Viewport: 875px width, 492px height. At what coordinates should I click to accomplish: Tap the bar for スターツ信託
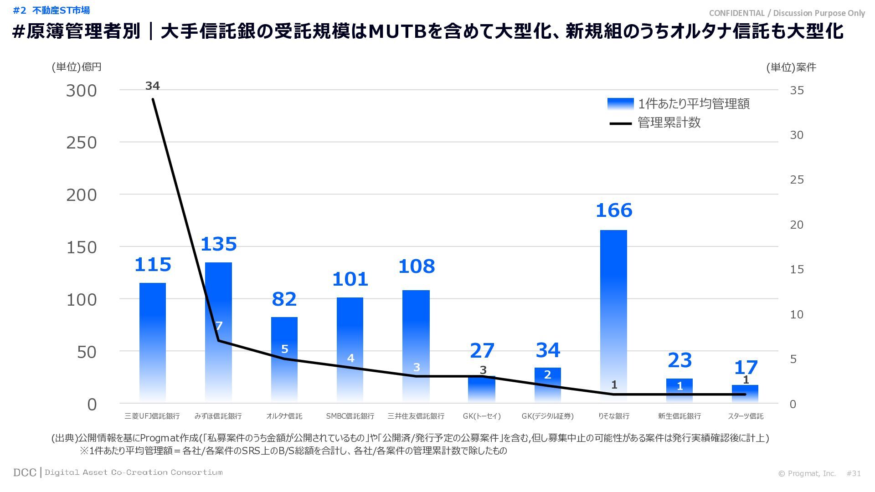pos(745,394)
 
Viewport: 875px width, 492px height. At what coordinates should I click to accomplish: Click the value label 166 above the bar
pos(614,210)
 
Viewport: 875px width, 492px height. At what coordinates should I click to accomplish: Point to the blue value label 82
pos(284,299)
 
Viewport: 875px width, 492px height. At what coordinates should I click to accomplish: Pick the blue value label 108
pos(416,266)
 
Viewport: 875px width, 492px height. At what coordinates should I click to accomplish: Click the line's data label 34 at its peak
pos(153,86)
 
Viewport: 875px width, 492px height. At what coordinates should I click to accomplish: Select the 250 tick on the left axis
pos(82,143)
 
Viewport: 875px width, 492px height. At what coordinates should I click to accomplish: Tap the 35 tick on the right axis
pos(797,90)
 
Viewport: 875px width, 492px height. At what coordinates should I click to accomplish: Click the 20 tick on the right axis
pos(797,225)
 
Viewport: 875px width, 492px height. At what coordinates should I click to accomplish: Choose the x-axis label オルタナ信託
pos(284,416)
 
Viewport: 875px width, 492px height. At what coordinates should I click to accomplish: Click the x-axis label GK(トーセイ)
pos(482,416)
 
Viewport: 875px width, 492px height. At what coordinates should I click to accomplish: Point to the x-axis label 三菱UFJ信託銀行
pos(152,416)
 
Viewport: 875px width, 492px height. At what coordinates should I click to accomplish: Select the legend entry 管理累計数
pos(669,123)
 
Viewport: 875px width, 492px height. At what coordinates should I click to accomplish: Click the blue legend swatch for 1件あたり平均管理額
pos(620,104)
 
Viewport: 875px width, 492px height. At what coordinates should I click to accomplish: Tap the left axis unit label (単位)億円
pos(77,67)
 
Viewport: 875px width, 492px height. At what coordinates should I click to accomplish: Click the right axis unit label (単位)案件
pos(791,67)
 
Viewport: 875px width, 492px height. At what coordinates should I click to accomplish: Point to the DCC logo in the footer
pos(25,472)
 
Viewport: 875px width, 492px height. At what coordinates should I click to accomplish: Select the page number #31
pos(854,473)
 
